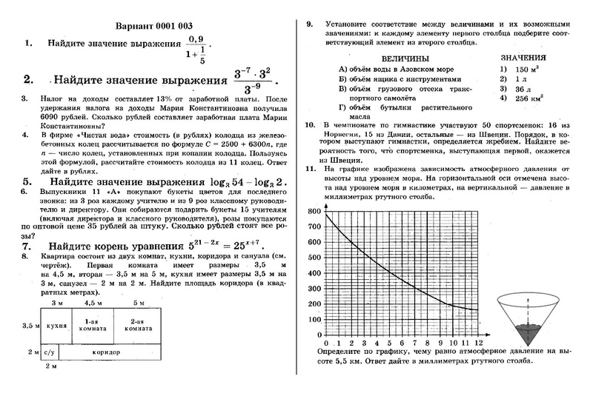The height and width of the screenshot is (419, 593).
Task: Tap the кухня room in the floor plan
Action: tap(52, 324)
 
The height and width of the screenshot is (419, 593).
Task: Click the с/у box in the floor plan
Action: tap(47, 352)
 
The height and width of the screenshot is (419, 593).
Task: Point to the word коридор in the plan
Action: tap(107, 352)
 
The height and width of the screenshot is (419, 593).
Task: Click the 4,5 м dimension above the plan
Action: tap(93, 304)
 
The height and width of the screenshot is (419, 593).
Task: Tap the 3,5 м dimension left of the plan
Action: tap(30, 325)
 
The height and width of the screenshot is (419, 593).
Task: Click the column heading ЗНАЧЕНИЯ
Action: tap(523, 57)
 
